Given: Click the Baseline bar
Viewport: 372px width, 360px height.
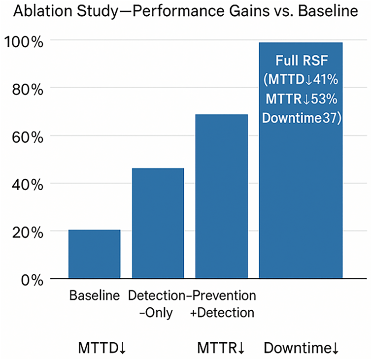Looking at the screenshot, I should pyautogui.click(x=95, y=254).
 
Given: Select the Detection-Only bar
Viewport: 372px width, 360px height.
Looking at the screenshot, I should pyautogui.click(x=158, y=224).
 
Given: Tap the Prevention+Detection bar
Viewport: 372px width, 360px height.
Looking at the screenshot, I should pyautogui.click(x=221, y=196).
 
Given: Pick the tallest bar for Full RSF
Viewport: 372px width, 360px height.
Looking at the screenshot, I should pyautogui.click(x=301, y=197).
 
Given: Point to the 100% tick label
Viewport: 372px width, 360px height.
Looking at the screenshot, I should pyautogui.click(x=23, y=41).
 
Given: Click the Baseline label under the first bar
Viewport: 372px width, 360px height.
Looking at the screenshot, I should pyautogui.click(x=95, y=296).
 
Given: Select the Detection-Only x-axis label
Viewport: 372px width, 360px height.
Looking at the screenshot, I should pyautogui.click(x=158, y=304).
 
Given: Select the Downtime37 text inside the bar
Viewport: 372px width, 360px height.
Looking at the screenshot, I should pyautogui.click(x=301, y=118).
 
